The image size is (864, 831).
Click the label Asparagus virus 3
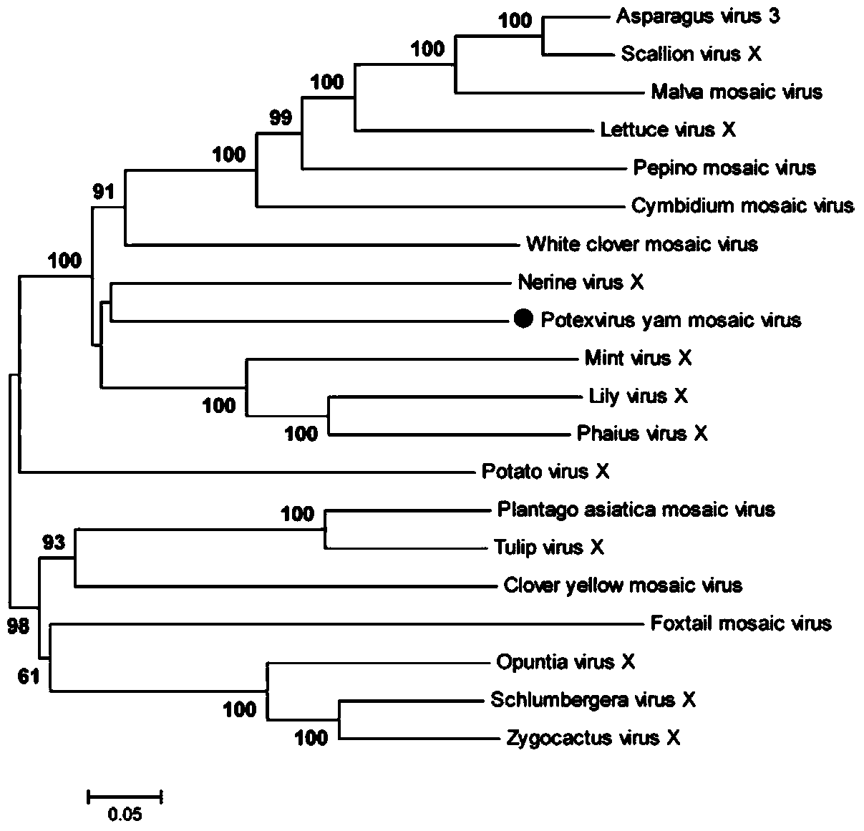[698, 16]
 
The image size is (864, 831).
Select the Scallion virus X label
[691, 54]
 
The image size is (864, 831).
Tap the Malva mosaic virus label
[737, 92]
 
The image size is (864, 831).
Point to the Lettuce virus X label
[668, 130]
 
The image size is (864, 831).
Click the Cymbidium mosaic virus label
[742, 206]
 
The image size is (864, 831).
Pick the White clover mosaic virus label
[641, 244]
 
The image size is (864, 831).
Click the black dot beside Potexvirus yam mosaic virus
[524, 319]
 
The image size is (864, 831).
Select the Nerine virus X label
[581, 283]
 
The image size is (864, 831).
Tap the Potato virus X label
[545, 472]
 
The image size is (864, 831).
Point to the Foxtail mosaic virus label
[741, 624]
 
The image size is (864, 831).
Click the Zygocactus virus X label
[593, 738]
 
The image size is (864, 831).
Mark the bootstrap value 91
[103, 192]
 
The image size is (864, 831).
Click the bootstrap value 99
[281, 117]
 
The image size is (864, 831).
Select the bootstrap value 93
[54, 543]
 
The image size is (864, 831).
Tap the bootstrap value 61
[29, 676]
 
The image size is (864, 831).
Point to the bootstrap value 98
[19, 628]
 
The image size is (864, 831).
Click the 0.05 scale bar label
[125, 814]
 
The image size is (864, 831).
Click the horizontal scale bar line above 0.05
[125, 795]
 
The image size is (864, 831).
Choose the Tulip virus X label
[549, 548]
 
